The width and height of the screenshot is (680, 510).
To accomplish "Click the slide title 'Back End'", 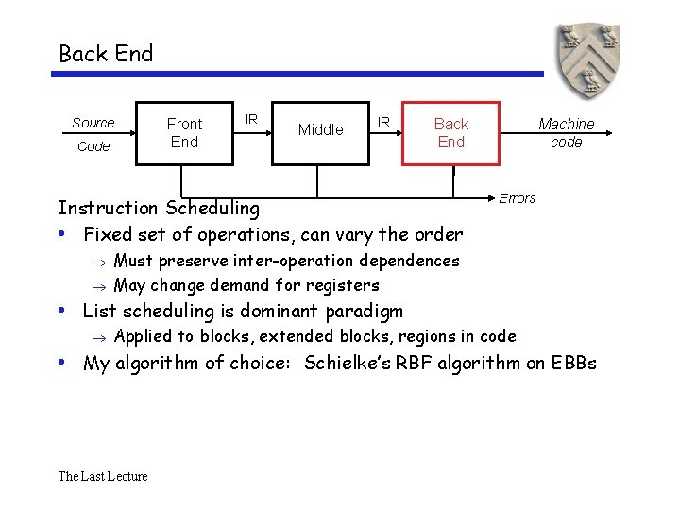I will (106, 54).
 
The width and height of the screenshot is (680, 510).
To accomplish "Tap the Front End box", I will (184, 132).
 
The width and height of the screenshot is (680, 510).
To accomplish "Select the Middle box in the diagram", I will (320, 130).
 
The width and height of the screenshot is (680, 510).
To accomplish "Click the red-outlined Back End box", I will (450, 132).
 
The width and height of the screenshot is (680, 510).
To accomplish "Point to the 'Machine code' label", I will (566, 132).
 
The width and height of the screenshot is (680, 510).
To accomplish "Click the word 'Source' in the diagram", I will (93, 123).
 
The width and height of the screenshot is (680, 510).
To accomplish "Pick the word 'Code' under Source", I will (93, 146).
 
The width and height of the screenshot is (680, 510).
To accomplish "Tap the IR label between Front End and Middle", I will (251, 119).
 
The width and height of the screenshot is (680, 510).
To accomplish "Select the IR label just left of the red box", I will (383, 121).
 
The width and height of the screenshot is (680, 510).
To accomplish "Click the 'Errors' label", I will (517, 198).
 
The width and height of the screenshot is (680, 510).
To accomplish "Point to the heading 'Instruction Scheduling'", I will (159, 208).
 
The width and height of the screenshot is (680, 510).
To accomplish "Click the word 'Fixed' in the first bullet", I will (108, 234).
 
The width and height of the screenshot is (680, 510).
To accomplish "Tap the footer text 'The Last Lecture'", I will (103, 476).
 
